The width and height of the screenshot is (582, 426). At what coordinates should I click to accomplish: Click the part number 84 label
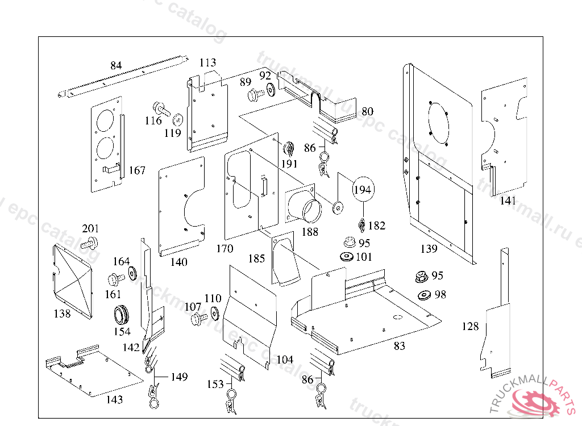tap(116, 66)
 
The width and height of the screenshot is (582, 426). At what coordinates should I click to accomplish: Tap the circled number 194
tap(362, 190)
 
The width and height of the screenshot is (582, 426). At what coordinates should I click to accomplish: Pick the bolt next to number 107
tap(196, 319)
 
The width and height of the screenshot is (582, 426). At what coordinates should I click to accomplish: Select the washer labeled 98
tap(424, 295)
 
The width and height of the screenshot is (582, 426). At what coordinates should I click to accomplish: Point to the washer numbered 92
tap(270, 89)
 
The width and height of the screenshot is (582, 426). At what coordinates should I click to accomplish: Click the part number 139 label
tap(429, 249)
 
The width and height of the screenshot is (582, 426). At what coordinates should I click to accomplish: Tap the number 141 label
tap(508, 201)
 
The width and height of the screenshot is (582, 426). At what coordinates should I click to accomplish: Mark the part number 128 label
tap(470, 327)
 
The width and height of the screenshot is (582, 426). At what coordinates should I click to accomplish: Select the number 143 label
tap(114, 400)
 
